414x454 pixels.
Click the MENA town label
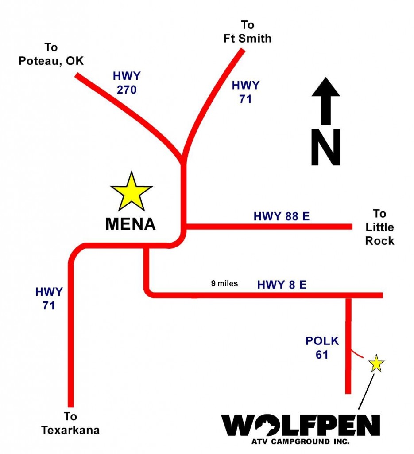[131, 224]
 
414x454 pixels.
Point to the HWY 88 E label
[281, 217]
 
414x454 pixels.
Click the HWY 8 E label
[282, 285]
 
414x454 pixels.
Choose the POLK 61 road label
[322, 348]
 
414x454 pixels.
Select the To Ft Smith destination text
[247, 31]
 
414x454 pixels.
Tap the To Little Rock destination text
[379, 227]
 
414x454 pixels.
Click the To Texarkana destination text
[70, 423]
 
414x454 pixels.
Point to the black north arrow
[326, 101]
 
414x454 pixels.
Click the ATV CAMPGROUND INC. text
[300, 442]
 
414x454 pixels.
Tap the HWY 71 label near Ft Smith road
[245, 92]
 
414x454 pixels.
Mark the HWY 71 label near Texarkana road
[49, 298]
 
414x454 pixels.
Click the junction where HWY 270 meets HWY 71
[183, 160]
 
